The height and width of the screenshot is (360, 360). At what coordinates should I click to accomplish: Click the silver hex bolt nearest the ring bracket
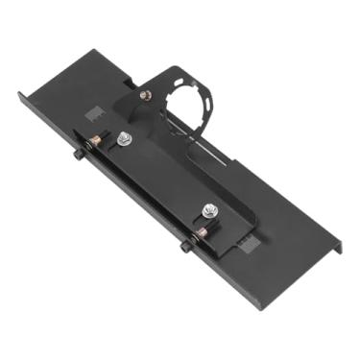coord(124,140)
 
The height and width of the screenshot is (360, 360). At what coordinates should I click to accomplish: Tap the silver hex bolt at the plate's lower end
coord(208,209)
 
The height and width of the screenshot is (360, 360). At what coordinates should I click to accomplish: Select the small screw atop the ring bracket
coord(145,94)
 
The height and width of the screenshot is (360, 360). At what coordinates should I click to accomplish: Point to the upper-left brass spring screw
coord(95,142)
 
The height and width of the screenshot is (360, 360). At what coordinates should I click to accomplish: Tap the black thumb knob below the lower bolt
coord(183,247)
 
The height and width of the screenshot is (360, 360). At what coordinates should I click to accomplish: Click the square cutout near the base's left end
coord(93,113)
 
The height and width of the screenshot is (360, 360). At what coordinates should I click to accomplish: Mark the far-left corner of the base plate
coord(18,93)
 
